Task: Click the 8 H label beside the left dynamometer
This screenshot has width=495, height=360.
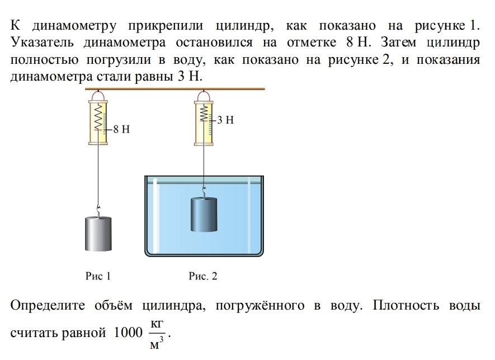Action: point(121,129)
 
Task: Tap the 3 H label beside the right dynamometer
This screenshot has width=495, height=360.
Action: point(225,119)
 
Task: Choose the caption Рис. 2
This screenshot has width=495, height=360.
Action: point(202,275)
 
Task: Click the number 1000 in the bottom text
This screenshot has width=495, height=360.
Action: point(128,333)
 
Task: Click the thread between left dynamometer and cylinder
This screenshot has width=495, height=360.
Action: point(100,174)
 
